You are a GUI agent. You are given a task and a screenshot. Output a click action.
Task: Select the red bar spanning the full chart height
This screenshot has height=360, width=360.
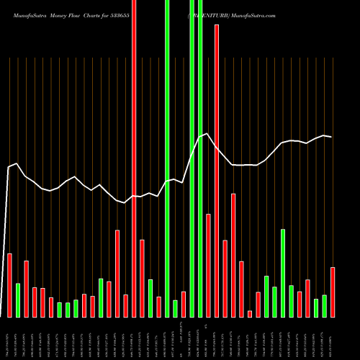(x=134, y=158)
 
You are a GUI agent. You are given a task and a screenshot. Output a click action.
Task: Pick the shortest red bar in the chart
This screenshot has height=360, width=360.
(x=250, y=313)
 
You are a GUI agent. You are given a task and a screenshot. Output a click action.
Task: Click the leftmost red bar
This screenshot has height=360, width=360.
(x=10, y=285)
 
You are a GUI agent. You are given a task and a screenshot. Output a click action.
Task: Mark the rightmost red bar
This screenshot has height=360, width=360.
(x=333, y=292)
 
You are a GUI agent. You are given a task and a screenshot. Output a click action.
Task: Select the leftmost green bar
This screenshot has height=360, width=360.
(x=18, y=300)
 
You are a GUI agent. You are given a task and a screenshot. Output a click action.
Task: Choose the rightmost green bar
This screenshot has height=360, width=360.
(x=325, y=306)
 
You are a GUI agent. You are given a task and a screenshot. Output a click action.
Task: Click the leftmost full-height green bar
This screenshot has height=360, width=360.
(x=167, y=158)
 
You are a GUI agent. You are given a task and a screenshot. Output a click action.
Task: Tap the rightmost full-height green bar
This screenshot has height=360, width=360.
(x=200, y=158)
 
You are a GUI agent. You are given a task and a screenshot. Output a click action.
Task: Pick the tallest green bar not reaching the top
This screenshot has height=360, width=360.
(x=283, y=273)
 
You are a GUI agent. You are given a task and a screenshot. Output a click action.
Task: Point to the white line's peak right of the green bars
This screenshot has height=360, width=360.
(x=207, y=134)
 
